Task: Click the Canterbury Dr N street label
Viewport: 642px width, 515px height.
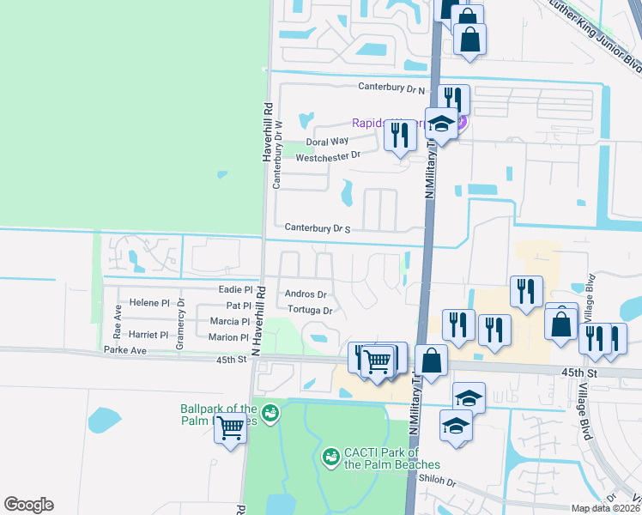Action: click(x=392, y=88)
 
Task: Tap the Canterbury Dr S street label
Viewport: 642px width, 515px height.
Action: click(x=318, y=228)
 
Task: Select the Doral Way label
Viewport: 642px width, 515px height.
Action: click(x=328, y=142)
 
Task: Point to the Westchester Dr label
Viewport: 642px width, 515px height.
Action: click(x=327, y=157)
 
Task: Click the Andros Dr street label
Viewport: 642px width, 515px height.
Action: click(x=306, y=294)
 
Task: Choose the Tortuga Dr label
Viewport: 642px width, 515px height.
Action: click(x=310, y=310)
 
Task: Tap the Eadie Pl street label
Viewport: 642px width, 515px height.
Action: click(x=236, y=290)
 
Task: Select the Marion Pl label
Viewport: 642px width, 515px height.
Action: click(x=227, y=337)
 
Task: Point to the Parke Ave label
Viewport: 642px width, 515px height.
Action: click(x=125, y=350)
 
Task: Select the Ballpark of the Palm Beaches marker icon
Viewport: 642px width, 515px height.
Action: click(x=270, y=414)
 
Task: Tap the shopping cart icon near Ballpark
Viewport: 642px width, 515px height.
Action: click(x=230, y=427)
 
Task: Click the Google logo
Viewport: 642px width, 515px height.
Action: click(x=28, y=505)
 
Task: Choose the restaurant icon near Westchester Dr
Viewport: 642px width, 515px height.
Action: click(x=399, y=136)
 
